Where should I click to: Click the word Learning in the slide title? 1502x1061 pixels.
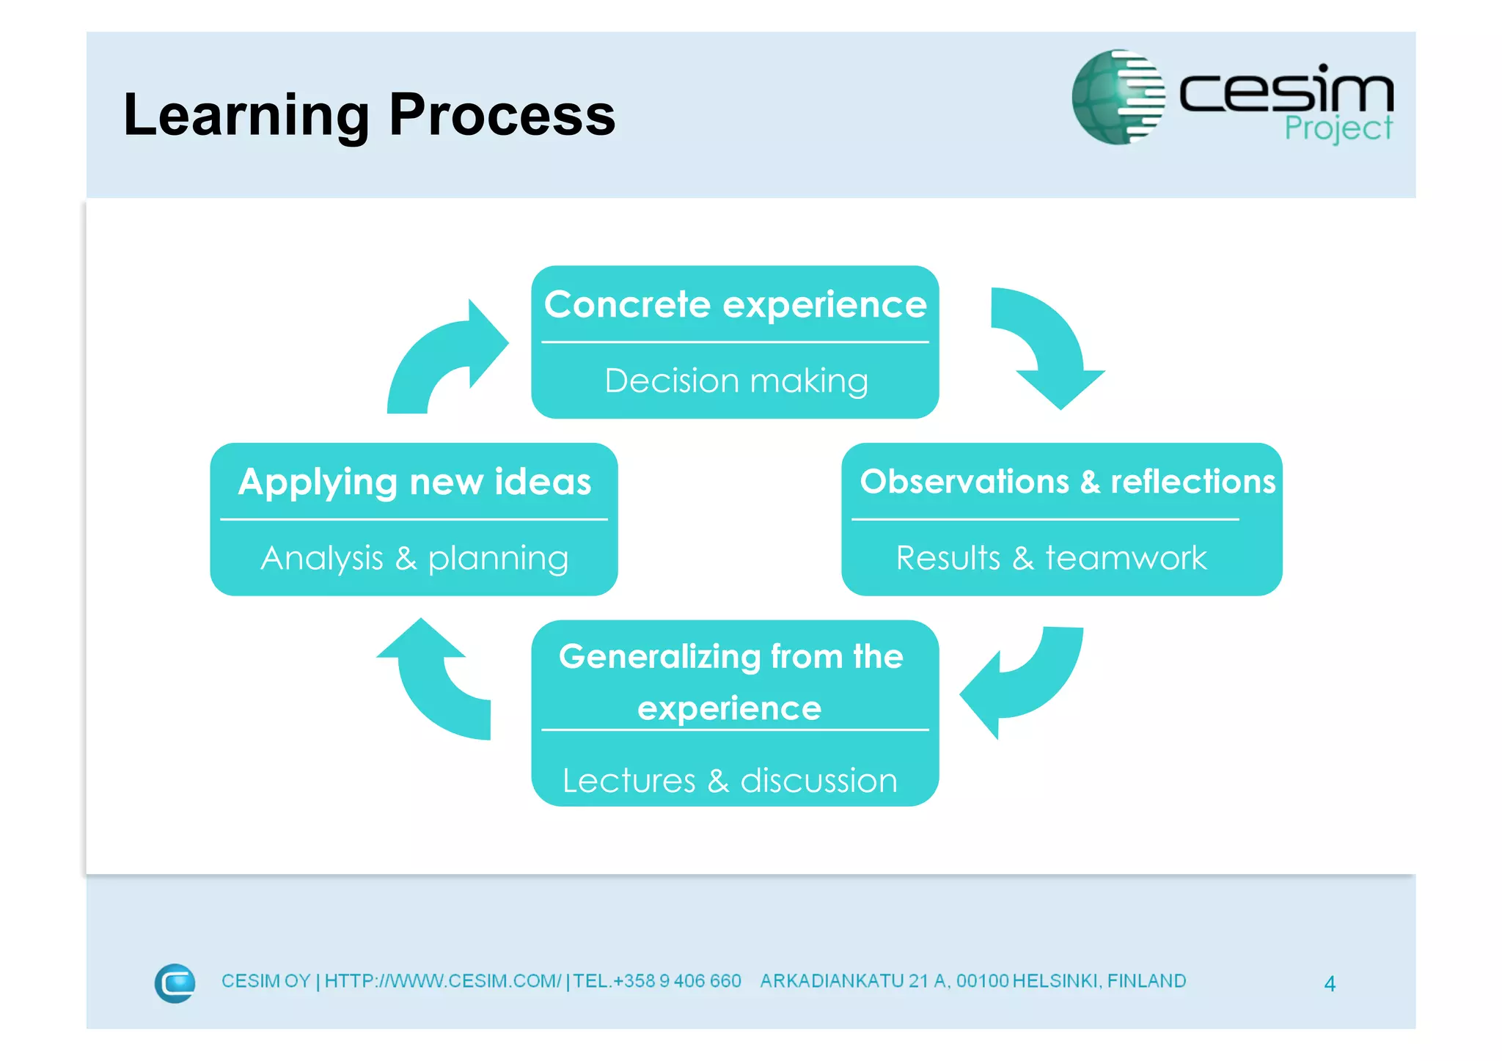click(246, 116)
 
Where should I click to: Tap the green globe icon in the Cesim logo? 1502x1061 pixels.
click(1117, 97)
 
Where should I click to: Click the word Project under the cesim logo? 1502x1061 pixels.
click(1338, 128)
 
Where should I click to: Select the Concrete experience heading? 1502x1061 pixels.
click(735, 304)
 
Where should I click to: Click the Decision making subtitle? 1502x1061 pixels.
click(736, 381)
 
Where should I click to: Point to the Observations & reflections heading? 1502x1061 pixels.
click(1067, 482)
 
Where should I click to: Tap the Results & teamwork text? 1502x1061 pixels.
click(1050, 558)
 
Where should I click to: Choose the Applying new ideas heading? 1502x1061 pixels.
click(414, 482)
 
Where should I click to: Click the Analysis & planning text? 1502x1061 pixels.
click(414, 559)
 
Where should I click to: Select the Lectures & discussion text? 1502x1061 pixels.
click(730, 781)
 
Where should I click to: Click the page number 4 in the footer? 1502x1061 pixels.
click(1329, 983)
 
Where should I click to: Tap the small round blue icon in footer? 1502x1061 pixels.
click(175, 983)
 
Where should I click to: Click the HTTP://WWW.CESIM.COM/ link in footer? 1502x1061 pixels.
click(442, 981)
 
